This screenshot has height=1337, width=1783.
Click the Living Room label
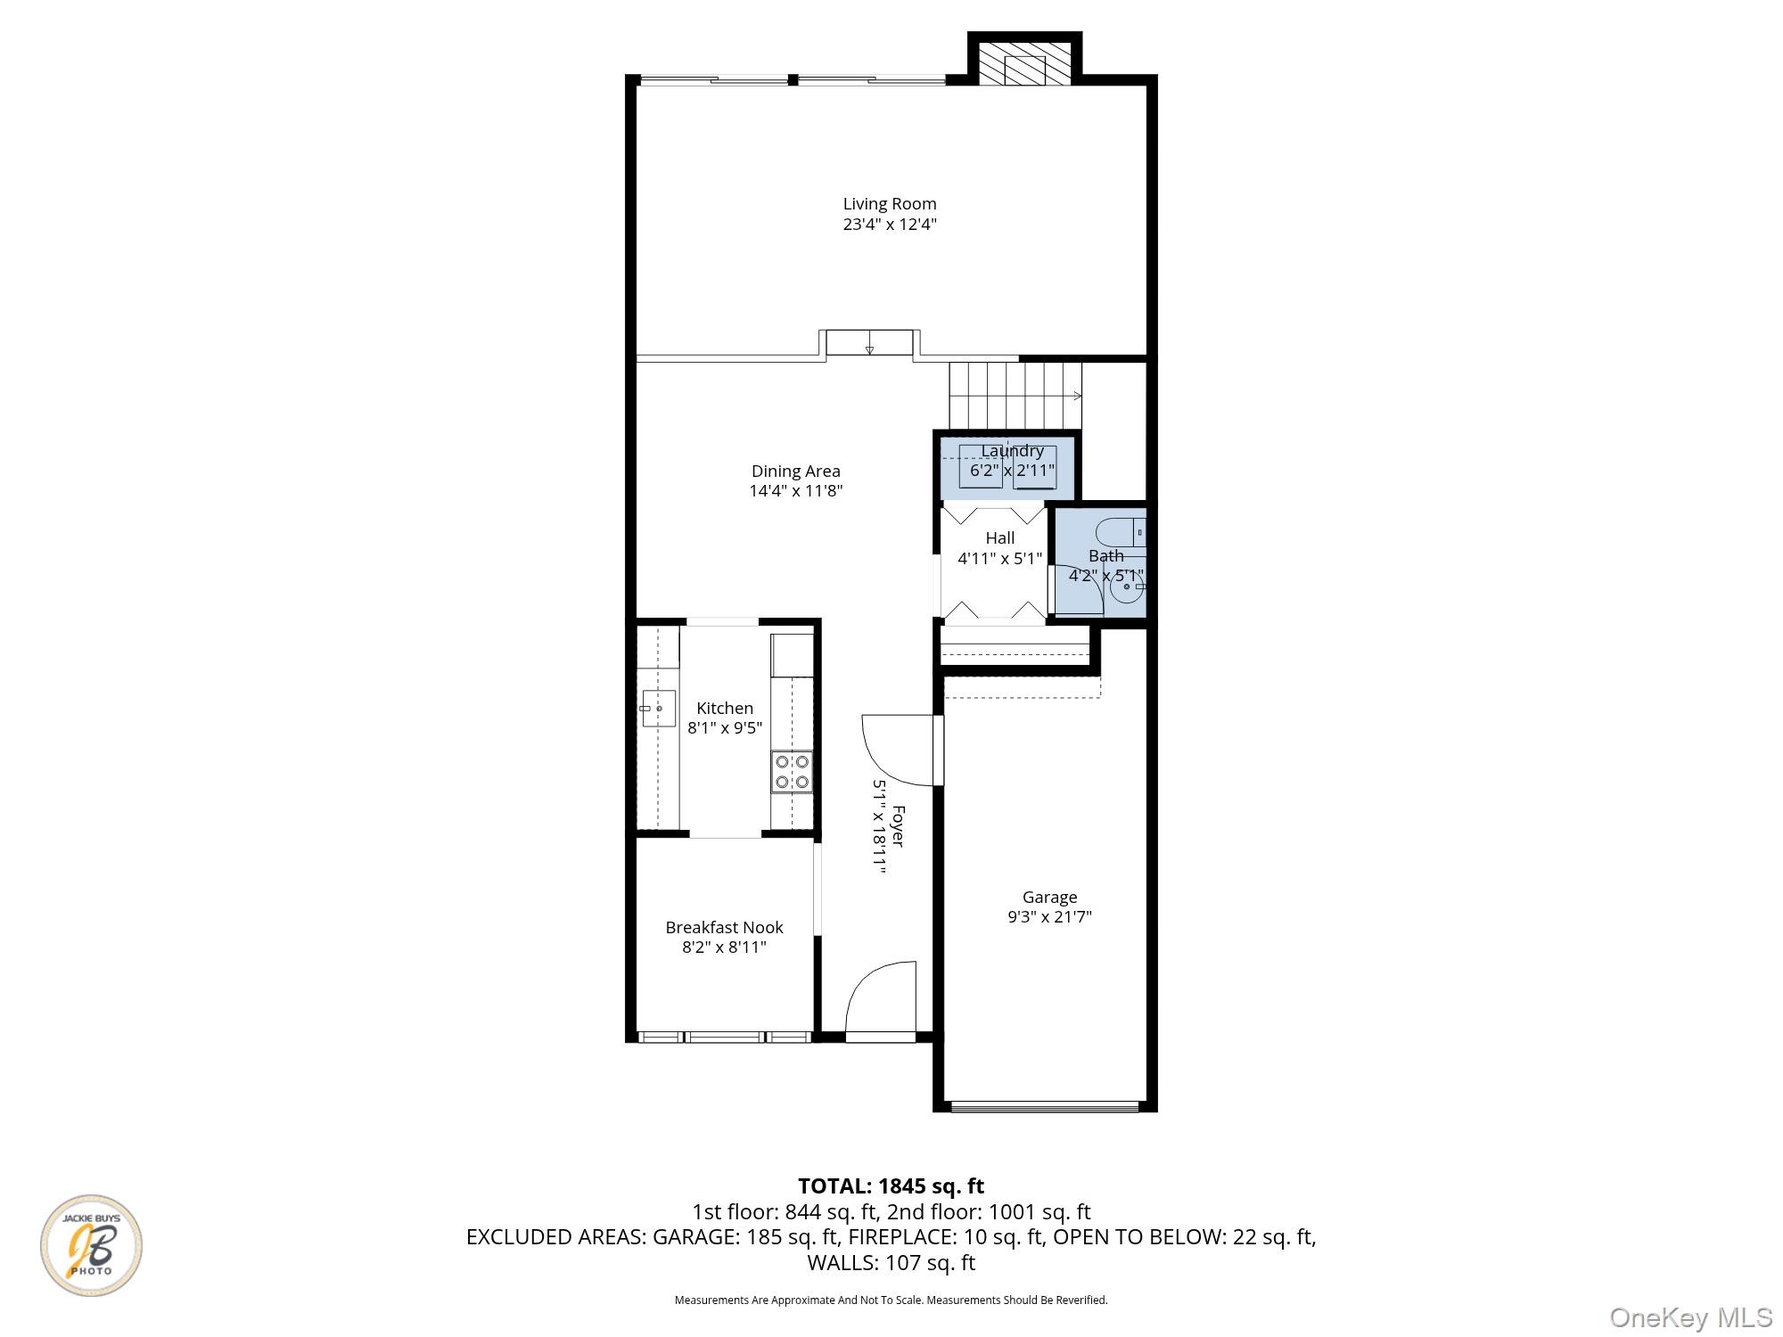click(x=890, y=204)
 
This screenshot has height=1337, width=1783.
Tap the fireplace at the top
click(x=1025, y=63)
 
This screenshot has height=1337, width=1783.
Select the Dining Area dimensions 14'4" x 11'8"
click(x=796, y=491)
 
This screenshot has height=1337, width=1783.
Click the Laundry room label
click(x=1012, y=451)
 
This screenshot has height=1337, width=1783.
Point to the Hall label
click(x=1000, y=538)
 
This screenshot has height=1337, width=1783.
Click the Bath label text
click(x=1106, y=556)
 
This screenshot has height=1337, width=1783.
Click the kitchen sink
click(x=658, y=709)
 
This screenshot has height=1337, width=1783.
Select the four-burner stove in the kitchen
click(x=793, y=772)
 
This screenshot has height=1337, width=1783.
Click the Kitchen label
click(x=725, y=709)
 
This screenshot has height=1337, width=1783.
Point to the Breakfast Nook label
click(x=725, y=928)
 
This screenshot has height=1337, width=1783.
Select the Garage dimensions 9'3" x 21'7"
click(x=1050, y=917)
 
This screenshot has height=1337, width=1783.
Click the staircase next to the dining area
click(x=1015, y=396)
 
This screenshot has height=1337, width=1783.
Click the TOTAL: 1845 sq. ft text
click(x=891, y=1186)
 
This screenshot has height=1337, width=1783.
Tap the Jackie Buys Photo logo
click(x=91, y=1245)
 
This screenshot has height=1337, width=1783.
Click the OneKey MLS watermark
click(x=1691, y=1317)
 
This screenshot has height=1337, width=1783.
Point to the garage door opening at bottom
click(x=1046, y=1107)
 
